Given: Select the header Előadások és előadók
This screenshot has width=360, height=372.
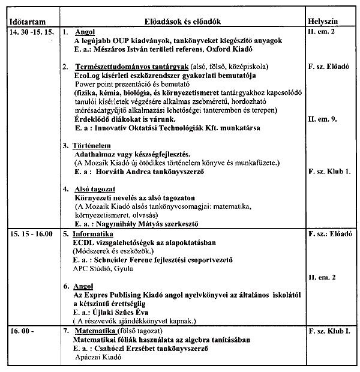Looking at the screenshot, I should [180, 20].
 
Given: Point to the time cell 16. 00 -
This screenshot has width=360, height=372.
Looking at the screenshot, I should [22, 331].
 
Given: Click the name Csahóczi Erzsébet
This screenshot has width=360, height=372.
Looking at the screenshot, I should [134, 348].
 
